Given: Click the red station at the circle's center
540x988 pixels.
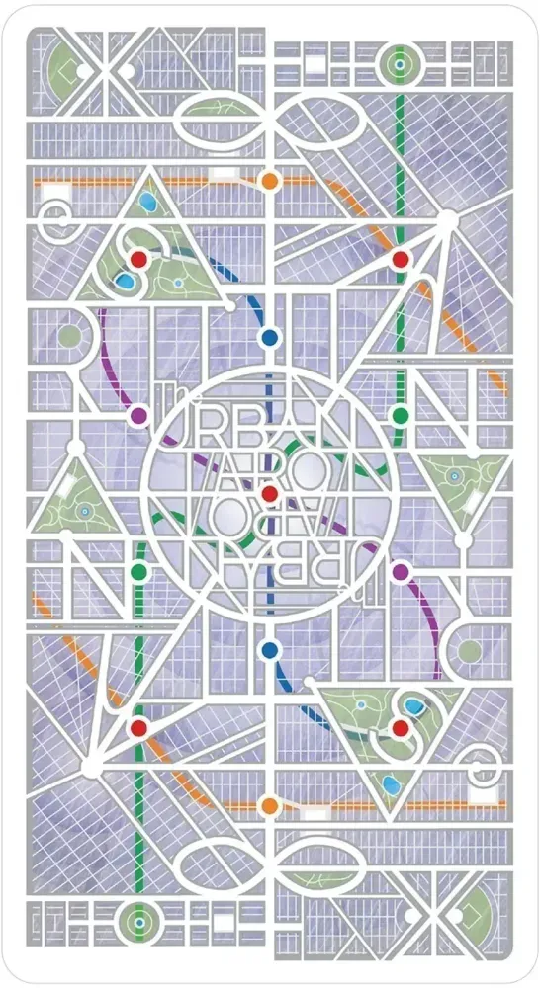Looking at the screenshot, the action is coord(269,494).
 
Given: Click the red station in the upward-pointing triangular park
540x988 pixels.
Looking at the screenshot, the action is coord(138,259).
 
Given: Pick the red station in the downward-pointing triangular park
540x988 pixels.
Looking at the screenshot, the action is coord(401,728).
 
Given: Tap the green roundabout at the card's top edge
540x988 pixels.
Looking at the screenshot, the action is coord(400,65).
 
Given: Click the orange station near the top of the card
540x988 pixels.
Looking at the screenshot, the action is coord(269,182).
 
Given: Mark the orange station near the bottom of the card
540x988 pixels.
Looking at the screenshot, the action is coord(269,806).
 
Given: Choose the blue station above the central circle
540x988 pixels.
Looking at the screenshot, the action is coord(269,338).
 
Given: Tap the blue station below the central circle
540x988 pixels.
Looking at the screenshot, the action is coord(269,650).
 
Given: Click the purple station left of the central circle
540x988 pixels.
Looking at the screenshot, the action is coord(138,416).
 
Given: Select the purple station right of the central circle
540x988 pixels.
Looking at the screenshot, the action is coord(401,572).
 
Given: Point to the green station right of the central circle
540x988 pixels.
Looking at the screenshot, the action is coord(401,416).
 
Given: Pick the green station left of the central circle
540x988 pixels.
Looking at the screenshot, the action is coord(138,572).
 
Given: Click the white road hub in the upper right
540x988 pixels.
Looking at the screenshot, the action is coord(448,219).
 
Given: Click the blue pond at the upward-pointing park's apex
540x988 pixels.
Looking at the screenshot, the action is coord(147,203).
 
